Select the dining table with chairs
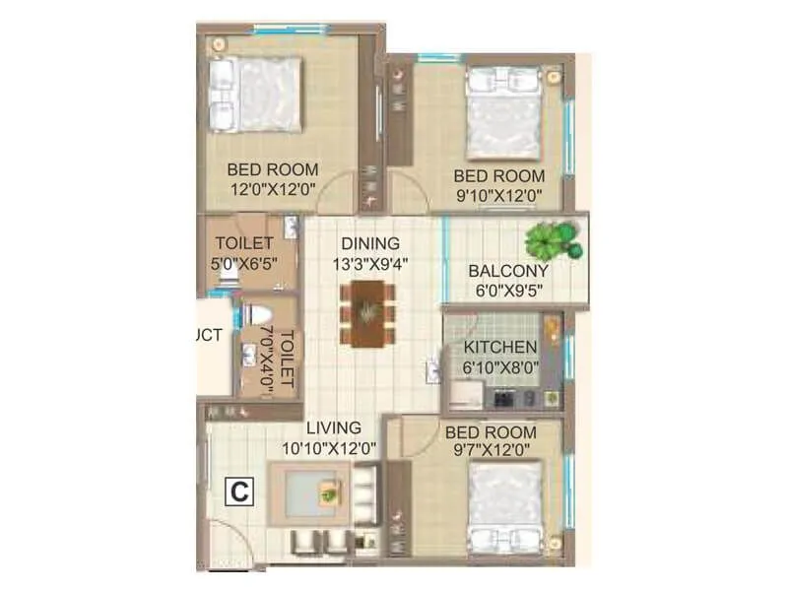pyautogui.click(x=369, y=312)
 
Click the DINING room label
pyautogui.click(x=370, y=243)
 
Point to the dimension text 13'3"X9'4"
pyautogui.click(x=370, y=263)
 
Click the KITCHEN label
pyautogui.click(x=500, y=348)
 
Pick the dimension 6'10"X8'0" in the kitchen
pyautogui.click(x=500, y=367)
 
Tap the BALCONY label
pyautogui.click(x=508, y=271)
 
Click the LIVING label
pyautogui.click(x=333, y=428)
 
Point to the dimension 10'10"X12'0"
pyautogui.click(x=330, y=448)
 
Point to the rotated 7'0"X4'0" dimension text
pyautogui.click(x=265, y=361)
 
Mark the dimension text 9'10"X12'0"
pyautogui.click(x=498, y=195)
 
